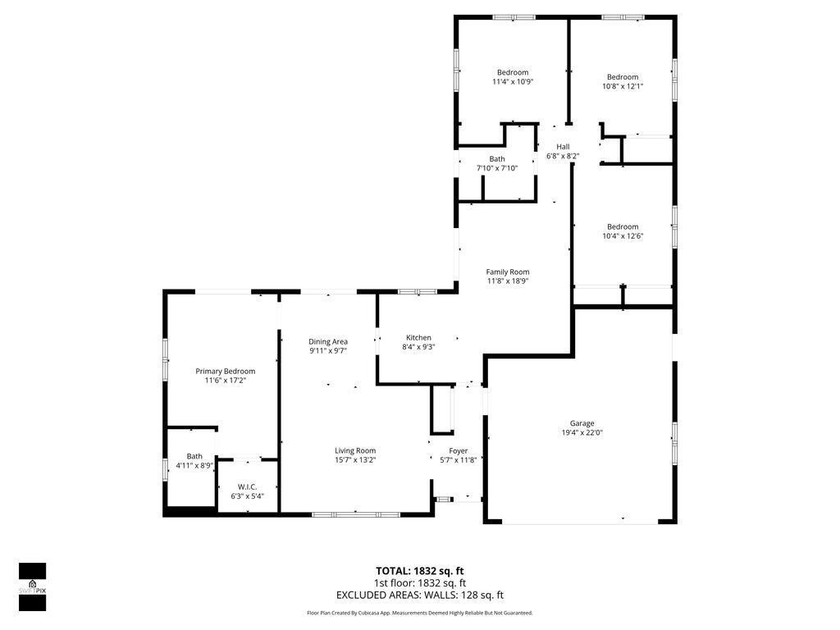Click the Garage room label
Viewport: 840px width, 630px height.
582,423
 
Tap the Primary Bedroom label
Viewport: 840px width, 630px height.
225,371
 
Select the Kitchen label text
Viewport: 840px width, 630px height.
418,337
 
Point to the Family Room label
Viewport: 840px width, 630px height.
507,272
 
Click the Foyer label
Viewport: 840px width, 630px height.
458,450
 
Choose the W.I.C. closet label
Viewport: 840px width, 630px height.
247,486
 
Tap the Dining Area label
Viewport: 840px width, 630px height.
328,341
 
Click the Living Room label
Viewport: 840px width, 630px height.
355,450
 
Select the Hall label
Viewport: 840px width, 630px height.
563,146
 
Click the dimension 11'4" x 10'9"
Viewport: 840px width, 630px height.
513,82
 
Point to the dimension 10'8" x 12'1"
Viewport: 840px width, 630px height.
622,86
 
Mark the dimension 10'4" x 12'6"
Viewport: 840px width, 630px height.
623,236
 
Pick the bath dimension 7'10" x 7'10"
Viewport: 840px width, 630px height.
497,168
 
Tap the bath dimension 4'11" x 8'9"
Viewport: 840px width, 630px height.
194,466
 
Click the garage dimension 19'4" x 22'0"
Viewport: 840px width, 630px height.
582,433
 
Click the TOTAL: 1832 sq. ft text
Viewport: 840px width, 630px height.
419,571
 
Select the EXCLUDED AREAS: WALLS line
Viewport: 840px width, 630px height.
419,596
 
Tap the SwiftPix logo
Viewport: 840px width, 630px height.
32,587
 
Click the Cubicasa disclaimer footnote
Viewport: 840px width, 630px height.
419,613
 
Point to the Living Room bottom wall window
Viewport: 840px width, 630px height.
355,514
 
